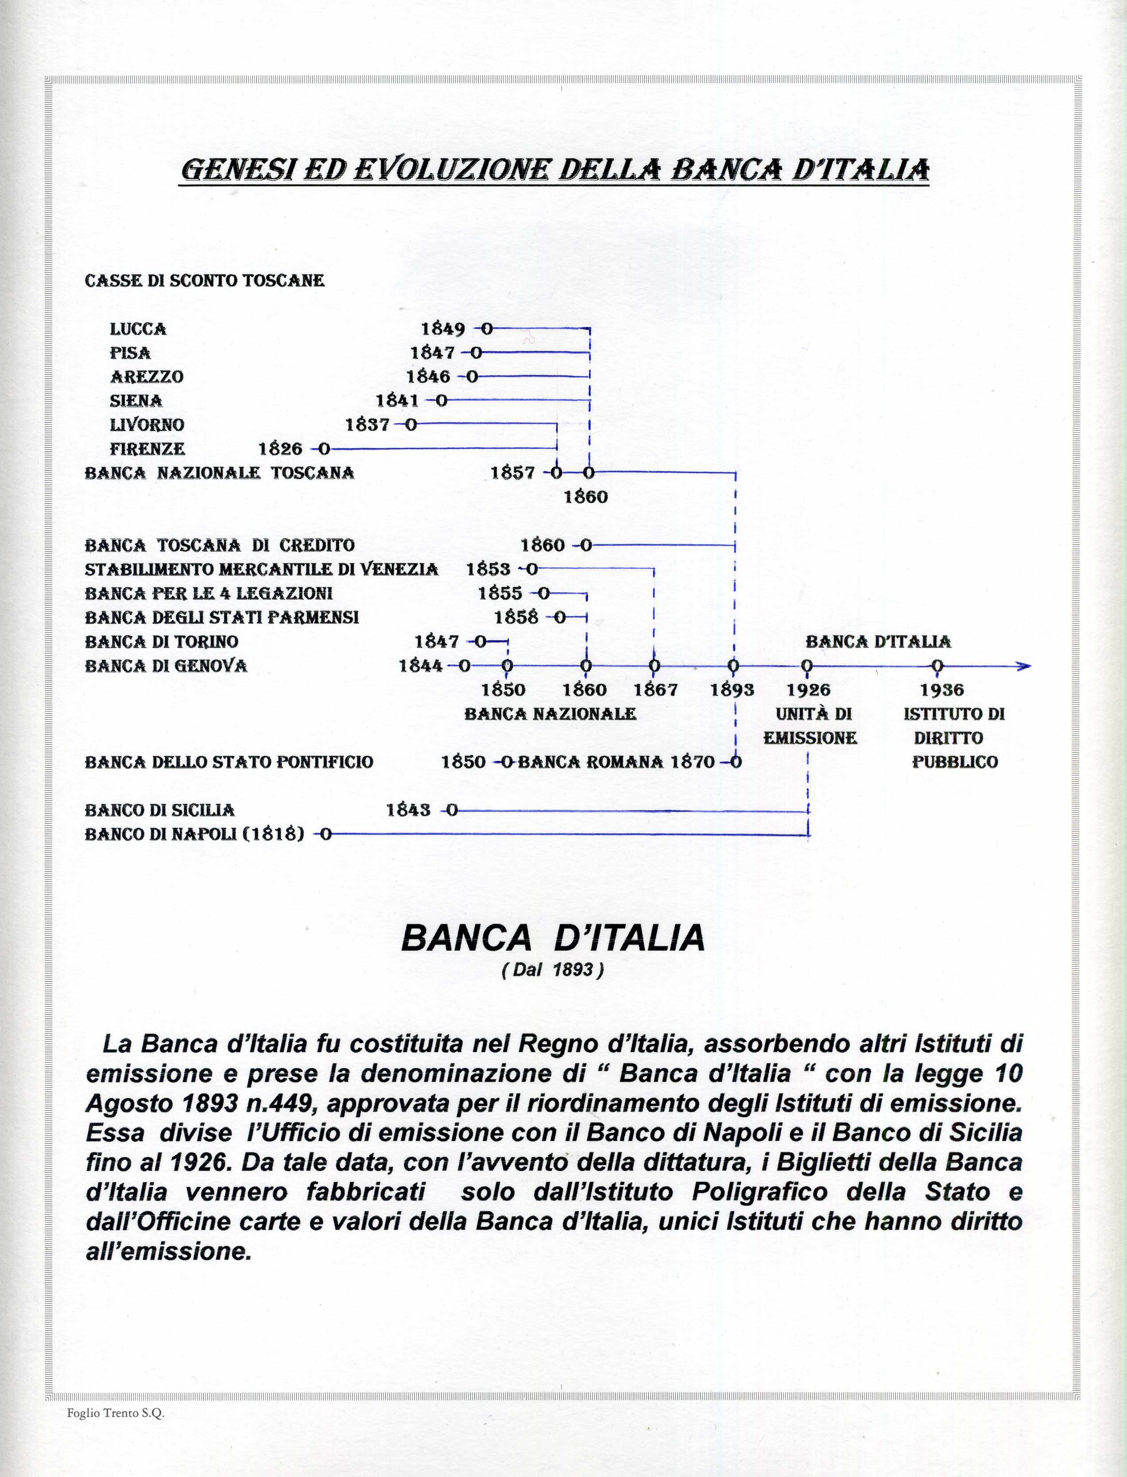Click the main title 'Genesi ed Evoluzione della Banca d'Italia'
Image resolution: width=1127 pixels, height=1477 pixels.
point(555,169)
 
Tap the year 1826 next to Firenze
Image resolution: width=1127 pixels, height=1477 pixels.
point(280,448)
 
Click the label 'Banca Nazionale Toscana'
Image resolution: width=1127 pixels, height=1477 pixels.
point(219,473)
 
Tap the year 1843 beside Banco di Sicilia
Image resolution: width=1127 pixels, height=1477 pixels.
point(408,810)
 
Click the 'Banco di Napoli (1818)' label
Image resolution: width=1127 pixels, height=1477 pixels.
point(194,834)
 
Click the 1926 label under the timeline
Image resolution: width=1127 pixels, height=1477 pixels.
point(808,690)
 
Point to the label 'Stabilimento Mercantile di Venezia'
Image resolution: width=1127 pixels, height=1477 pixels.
point(262,570)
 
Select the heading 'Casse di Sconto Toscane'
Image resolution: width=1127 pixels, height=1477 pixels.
point(205,280)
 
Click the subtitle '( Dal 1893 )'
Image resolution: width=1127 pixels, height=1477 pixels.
point(553,970)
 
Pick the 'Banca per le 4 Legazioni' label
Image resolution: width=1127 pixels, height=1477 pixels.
point(209,593)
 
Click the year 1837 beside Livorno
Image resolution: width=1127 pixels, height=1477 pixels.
point(367,425)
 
